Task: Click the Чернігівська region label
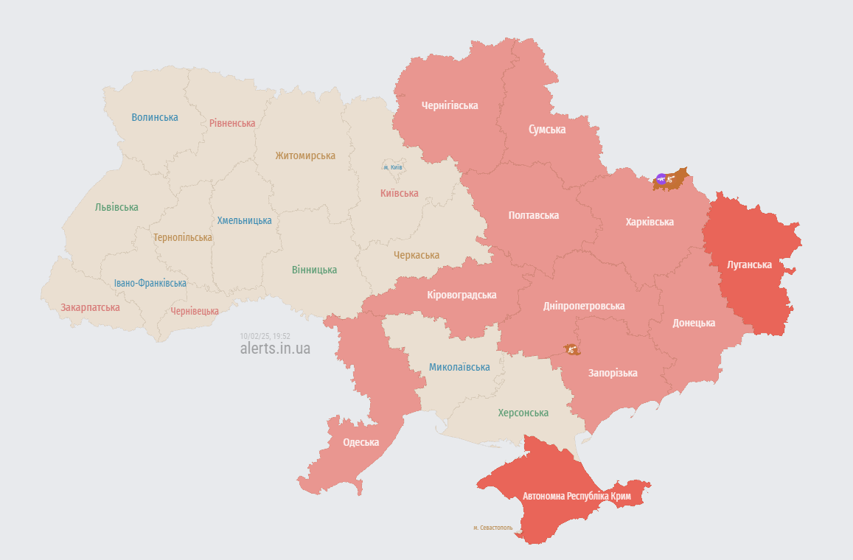(x=450, y=105)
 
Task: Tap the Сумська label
(x=547, y=130)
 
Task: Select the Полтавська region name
(x=533, y=216)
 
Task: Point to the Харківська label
(x=650, y=222)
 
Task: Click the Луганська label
(x=749, y=265)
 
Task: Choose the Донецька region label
(x=694, y=323)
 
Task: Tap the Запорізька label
(x=613, y=374)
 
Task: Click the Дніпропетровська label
(x=584, y=306)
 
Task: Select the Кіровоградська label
(x=462, y=295)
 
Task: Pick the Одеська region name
(x=361, y=442)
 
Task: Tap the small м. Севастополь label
(x=492, y=528)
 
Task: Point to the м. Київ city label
(x=392, y=167)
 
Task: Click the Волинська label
(x=155, y=117)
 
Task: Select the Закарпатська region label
(x=90, y=307)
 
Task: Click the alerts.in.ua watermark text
(x=275, y=349)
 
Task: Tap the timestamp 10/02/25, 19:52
(x=265, y=335)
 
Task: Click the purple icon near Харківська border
(x=661, y=178)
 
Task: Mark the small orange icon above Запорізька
(x=571, y=349)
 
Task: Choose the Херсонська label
(x=523, y=413)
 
